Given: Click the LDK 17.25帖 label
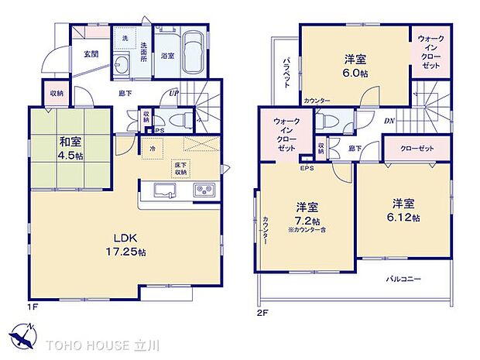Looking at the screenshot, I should pos(118,245).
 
